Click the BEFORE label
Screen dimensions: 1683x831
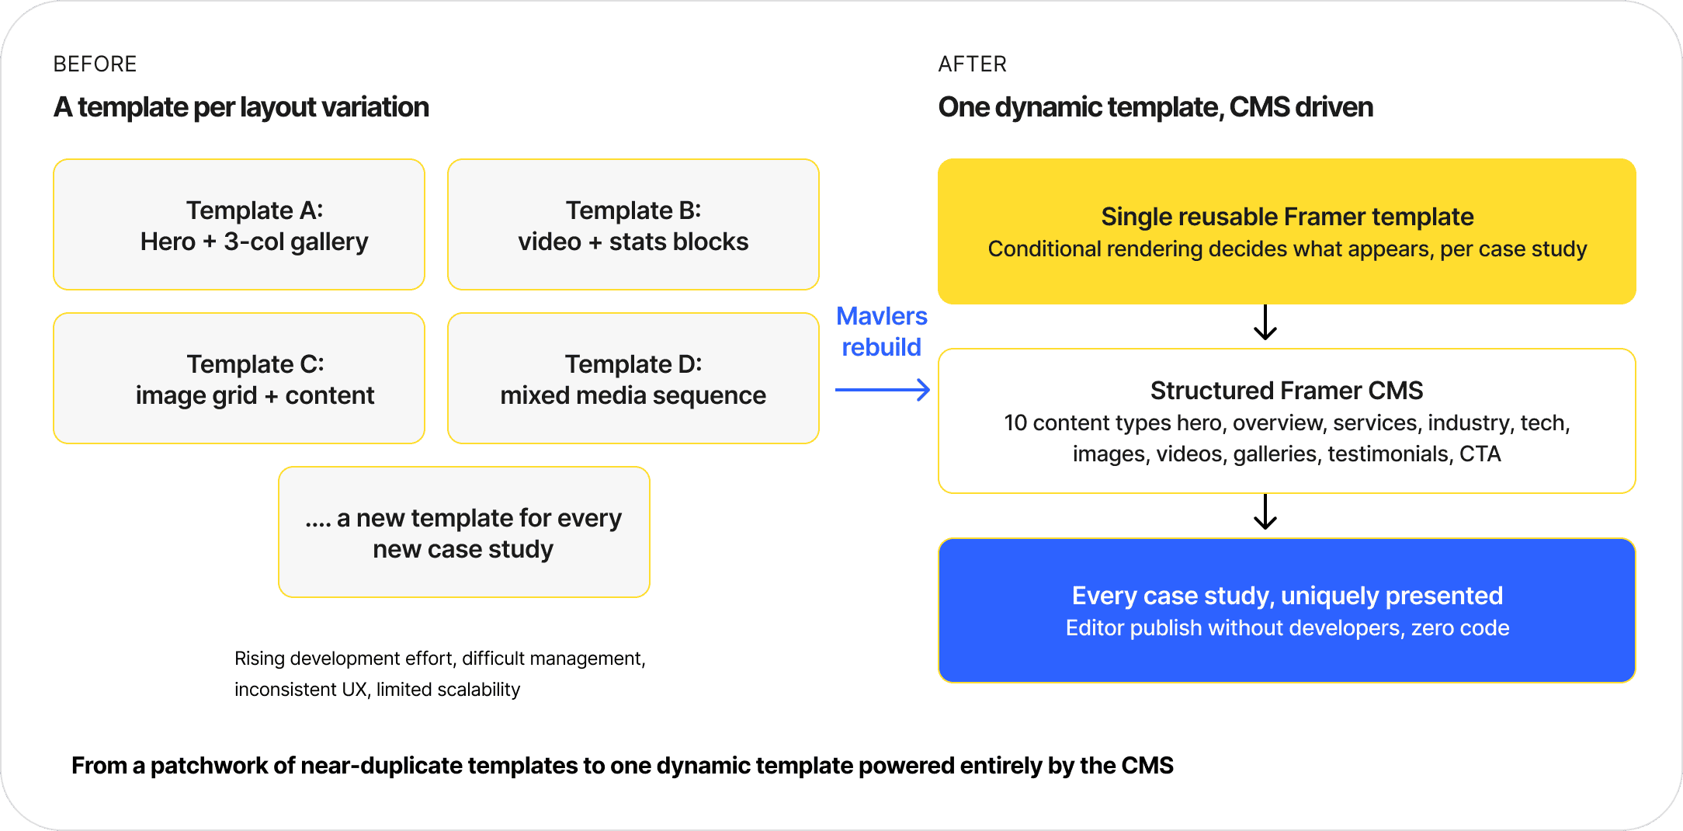pos(95,64)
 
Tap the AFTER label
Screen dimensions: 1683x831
pos(972,64)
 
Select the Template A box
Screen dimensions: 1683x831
pos(239,224)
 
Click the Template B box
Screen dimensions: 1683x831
pos(633,224)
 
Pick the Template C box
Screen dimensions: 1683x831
pos(239,378)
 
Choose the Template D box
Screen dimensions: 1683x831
pos(633,378)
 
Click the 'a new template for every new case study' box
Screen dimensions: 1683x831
pos(464,532)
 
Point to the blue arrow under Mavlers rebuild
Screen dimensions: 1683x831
pos(883,390)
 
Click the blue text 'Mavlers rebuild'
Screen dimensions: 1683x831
pos(882,332)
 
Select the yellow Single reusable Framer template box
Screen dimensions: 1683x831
pos(1287,231)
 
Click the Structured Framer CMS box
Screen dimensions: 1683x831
pos(1287,421)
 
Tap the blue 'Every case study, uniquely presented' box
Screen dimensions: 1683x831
pos(1287,610)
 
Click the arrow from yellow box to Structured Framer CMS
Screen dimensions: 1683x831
pos(1265,322)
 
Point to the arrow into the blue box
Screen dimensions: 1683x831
pos(1265,512)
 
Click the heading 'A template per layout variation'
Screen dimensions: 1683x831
pos(241,107)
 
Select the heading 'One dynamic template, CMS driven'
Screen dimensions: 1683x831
pos(1155,107)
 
